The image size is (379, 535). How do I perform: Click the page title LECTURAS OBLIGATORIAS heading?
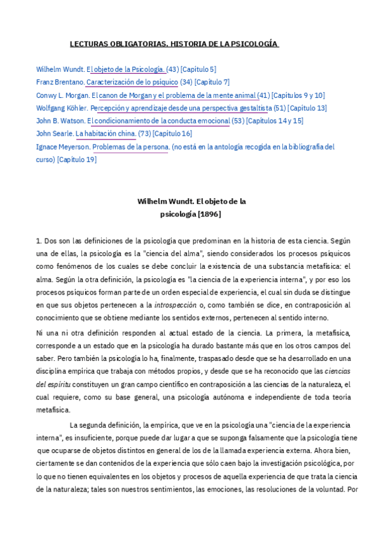pos(174,44)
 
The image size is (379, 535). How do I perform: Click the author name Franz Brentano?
pos(59,82)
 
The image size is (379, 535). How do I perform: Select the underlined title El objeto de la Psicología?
pos(126,69)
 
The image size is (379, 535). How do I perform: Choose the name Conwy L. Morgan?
pos(63,95)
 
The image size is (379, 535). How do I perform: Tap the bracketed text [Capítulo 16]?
pos(172,134)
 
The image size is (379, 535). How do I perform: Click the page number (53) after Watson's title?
pos(238,121)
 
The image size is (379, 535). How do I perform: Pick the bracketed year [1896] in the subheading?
pos(209,214)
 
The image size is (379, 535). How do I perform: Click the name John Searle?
pos(54,134)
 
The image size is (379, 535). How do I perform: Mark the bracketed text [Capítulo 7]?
pos(212,82)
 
